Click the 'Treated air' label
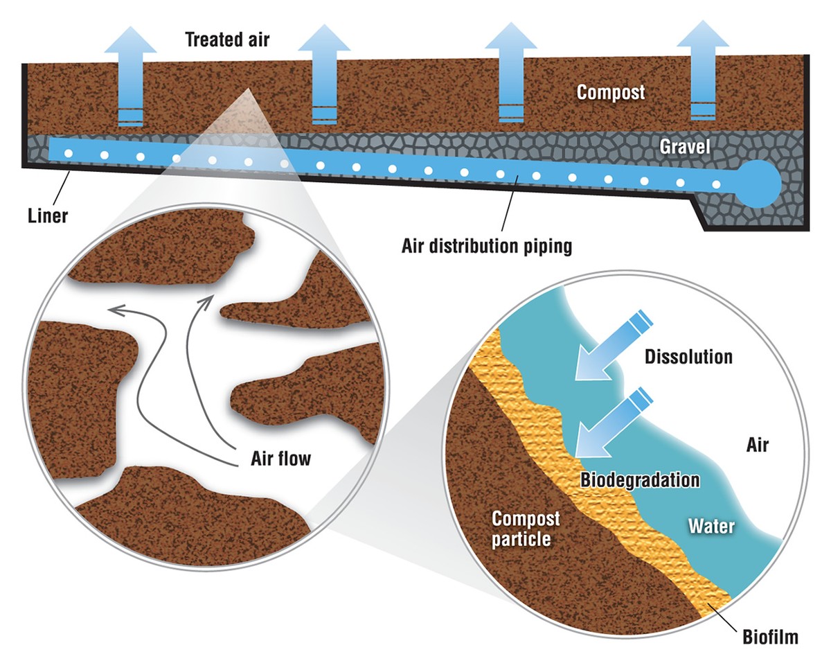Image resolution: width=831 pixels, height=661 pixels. [x=227, y=39]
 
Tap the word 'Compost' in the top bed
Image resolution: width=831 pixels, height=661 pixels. [x=611, y=91]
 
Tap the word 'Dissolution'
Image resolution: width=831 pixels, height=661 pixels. [x=688, y=357]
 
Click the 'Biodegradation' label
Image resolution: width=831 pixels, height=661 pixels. [x=640, y=479]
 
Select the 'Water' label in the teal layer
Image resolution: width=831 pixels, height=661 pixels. [x=711, y=526]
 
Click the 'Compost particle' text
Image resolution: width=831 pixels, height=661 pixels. [x=526, y=528]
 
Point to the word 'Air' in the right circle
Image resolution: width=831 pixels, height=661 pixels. [x=757, y=445]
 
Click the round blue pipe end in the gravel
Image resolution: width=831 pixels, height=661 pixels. [x=760, y=183]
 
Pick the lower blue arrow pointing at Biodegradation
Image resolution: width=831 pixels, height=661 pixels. [x=604, y=424]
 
